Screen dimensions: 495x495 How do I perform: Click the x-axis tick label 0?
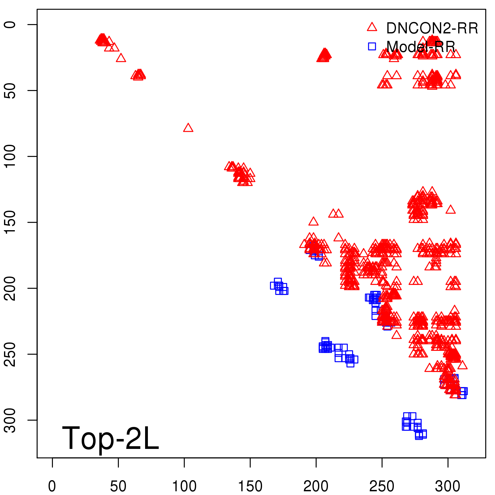tap(52, 486)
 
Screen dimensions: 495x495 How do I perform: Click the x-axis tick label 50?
tap(118, 486)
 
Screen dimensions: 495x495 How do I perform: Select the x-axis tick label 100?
tap(184, 486)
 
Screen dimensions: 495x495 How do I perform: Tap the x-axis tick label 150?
tap(250, 486)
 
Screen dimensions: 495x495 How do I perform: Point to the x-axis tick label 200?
tap(316, 486)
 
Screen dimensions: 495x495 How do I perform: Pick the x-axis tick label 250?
tap(382, 486)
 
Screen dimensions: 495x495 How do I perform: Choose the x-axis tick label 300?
tap(448, 486)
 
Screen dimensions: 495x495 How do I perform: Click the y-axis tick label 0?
tap(10, 24)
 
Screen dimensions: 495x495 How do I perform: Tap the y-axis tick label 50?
tap(10, 90)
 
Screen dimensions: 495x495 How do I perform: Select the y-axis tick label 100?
tap(10, 156)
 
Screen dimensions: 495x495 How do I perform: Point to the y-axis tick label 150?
tap(10, 222)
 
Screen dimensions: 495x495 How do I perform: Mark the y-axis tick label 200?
tap(10, 288)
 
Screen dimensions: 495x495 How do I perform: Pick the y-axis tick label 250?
tap(10, 354)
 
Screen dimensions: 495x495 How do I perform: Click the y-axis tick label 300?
tap(10, 420)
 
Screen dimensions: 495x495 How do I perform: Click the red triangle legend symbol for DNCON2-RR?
tap(372, 27)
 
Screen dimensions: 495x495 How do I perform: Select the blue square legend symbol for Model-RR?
tap(372, 46)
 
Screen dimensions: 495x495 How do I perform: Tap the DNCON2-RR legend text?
tap(432, 28)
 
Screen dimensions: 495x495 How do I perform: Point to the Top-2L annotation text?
tap(110, 438)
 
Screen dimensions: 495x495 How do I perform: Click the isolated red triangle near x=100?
tap(188, 128)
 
